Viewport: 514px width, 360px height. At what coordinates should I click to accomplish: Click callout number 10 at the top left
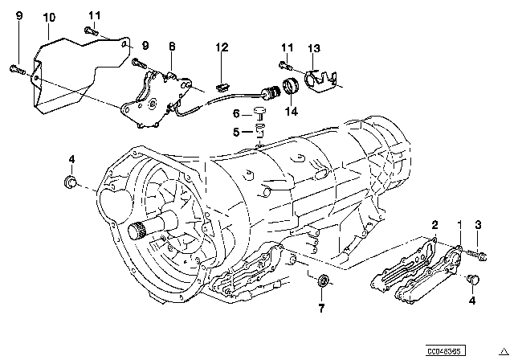[49, 16]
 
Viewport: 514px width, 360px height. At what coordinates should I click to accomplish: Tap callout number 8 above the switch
[170, 48]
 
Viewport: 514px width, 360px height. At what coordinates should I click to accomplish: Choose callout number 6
[236, 113]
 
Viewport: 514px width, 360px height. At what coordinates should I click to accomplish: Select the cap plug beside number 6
[260, 112]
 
